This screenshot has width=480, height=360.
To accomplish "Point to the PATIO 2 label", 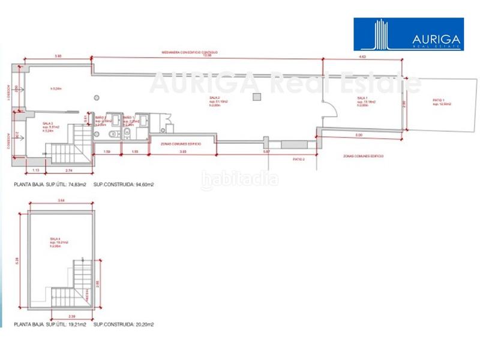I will tap(299, 160).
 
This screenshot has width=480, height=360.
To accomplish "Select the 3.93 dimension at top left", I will tap(58, 55).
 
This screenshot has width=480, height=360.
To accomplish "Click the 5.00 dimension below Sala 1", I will tap(359, 135).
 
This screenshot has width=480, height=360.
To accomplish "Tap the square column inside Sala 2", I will tap(256, 97).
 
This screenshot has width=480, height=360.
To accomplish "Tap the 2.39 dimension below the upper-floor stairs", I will tap(71, 316).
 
